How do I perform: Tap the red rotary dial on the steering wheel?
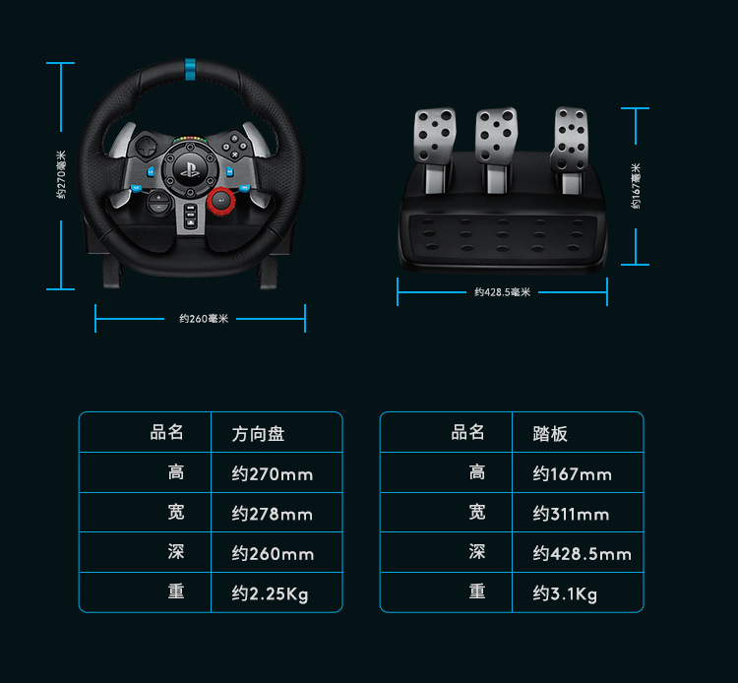(220, 201)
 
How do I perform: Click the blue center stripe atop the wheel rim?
(190, 70)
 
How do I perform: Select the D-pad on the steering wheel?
(147, 147)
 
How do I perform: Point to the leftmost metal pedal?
(434, 136)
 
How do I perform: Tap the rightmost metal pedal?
(570, 139)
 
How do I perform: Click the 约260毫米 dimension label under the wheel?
(204, 319)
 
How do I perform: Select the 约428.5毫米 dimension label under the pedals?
(502, 292)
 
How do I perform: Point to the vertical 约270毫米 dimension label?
(61, 174)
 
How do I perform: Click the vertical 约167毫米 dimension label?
(636, 186)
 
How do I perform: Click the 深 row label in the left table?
(176, 552)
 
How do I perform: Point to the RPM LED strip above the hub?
(190, 140)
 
